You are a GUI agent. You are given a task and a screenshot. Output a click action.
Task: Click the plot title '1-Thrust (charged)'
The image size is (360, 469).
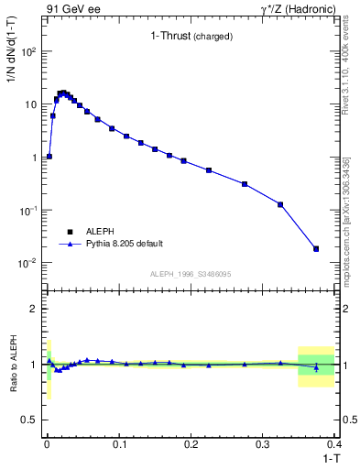(191, 37)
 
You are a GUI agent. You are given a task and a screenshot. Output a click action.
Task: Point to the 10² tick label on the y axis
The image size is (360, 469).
(27, 52)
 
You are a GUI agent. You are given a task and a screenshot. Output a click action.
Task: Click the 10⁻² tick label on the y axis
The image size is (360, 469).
(27, 264)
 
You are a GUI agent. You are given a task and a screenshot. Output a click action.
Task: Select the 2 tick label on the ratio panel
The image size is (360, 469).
(35, 309)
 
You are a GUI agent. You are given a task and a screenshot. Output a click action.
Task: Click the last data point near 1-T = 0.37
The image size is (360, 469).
(316, 248)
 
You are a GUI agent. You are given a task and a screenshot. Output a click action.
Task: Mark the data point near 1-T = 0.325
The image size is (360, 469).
(280, 204)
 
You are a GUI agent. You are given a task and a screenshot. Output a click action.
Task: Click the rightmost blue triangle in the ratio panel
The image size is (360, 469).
(316, 367)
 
